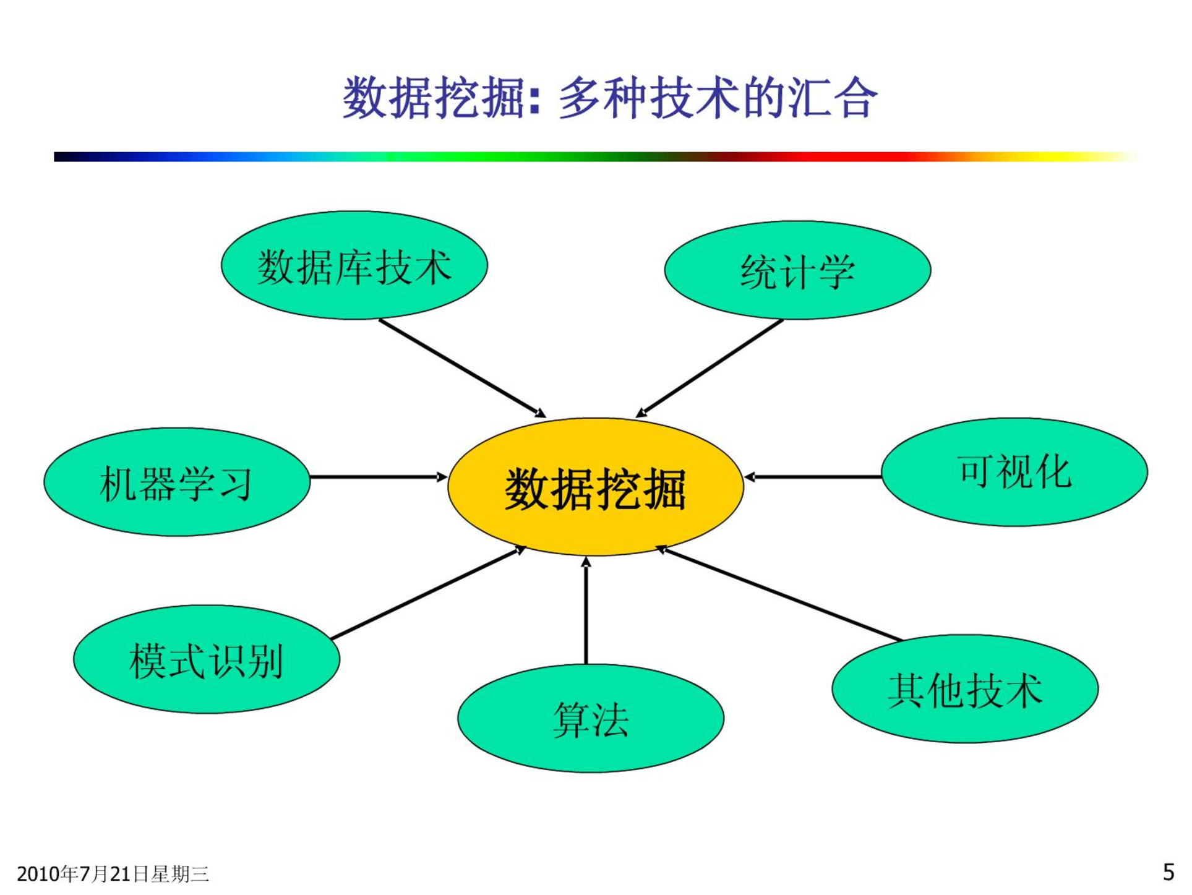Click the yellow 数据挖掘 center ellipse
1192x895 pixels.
pyautogui.click(x=595, y=487)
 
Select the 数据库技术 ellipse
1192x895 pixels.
pyautogui.click(x=354, y=265)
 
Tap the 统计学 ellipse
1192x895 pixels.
pyautogui.click(x=797, y=270)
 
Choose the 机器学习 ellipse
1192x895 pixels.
pyautogui.click(x=177, y=482)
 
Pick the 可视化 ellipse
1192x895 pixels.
pyautogui.click(x=1014, y=472)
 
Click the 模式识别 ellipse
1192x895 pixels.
pyautogui.click(x=207, y=659)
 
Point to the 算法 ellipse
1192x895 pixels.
pyautogui.click(x=591, y=718)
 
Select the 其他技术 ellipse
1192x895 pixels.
pyautogui.click(x=965, y=689)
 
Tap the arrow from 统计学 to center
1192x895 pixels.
pyautogui.click(x=710, y=369)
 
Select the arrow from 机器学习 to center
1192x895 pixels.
pyautogui.click(x=379, y=477)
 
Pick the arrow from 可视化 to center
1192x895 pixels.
pyautogui.click(x=813, y=477)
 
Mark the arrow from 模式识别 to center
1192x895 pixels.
pyautogui.click(x=428, y=593)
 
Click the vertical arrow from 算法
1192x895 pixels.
pyautogui.click(x=586, y=610)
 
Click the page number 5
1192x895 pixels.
pyautogui.click(x=1168, y=872)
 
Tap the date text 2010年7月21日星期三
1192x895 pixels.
pyautogui.click(x=113, y=874)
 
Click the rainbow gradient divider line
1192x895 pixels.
pyautogui.click(x=596, y=157)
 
